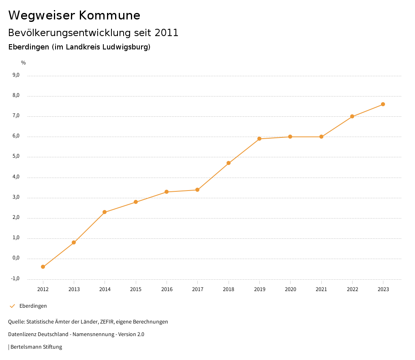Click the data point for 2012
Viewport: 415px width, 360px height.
pos(43,267)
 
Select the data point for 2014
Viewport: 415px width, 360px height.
pos(105,212)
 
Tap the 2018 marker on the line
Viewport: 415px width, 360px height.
pos(229,163)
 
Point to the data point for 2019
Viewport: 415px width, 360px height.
pos(259,139)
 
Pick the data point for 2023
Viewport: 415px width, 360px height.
pos(383,104)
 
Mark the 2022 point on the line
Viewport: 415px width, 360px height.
pos(352,116)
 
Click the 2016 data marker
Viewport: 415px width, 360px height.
pos(167,192)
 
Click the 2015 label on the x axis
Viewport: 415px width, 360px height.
pos(136,289)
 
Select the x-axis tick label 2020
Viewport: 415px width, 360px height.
pos(290,289)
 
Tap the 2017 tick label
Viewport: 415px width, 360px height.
pos(197,289)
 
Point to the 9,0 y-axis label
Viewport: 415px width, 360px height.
pos(16,75)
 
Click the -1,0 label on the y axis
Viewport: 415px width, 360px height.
pos(15,279)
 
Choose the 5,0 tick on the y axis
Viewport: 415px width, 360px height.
pos(16,156)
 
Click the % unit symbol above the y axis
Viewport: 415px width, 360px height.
pos(24,63)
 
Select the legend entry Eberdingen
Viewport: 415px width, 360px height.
pos(33,306)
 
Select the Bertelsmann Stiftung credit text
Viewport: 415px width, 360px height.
pos(36,347)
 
